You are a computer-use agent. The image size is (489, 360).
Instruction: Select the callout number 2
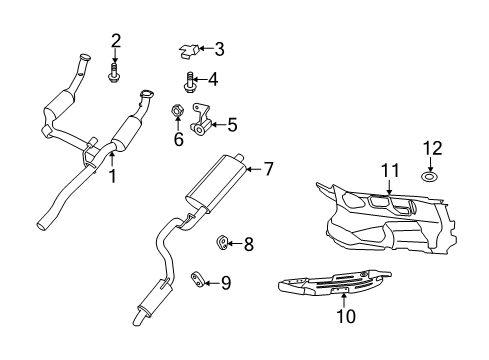click(x=116, y=40)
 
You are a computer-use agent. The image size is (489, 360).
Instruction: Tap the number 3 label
click(x=219, y=47)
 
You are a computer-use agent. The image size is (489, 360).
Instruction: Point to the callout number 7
click(x=212, y=79)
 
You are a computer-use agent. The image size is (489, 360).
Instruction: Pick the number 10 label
click(x=232, y=126)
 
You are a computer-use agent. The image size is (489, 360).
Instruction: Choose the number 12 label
click(x=267, y=170)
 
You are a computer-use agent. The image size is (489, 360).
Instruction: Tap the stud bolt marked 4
click(x=190, y=80)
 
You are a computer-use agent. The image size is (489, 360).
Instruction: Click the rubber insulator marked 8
click(x=223, y=241)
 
